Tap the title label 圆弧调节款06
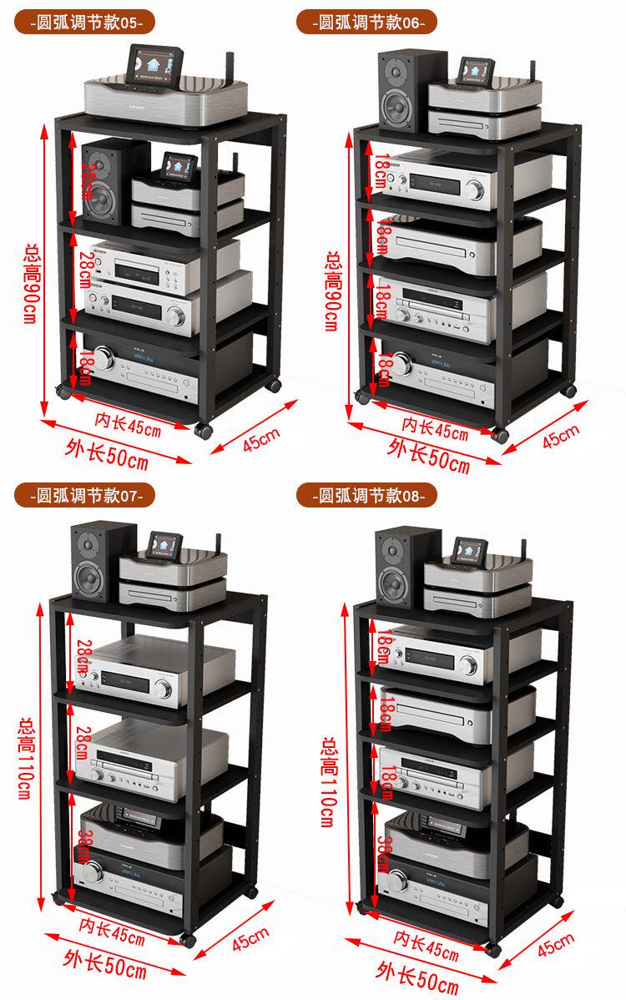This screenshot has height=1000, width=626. [366, 23]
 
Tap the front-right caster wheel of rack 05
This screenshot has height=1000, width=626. [203, 431]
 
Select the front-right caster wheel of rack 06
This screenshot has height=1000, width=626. [500, 435]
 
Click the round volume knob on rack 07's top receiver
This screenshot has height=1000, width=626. [164, 689]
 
